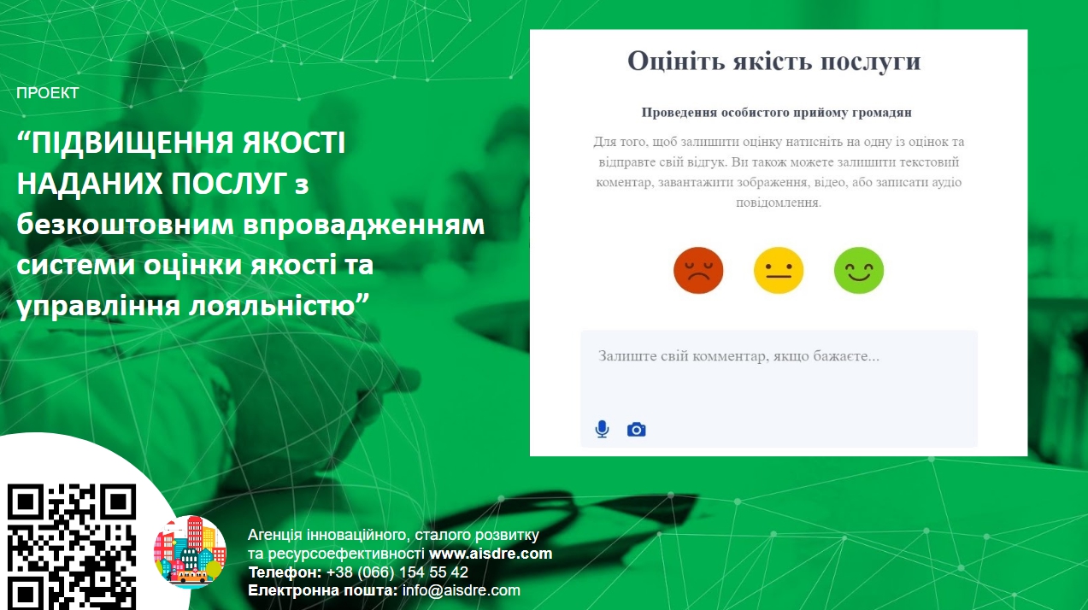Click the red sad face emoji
[x=698, y=271]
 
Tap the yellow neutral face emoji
[x=778, y=271]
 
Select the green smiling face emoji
[x=859, y=271]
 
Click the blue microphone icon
[x=602, y=430]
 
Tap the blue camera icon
[x=636, y=430]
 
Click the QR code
[x=72, y=547]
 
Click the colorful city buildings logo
[x=190, y=552]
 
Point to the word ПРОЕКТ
[x=48, y=93]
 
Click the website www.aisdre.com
[x=491, y=554]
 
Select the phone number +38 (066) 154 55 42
[x=397, y=572]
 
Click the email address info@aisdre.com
[x=461, y=590]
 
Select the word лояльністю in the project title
[x=273, y=307]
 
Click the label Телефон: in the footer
[x=285, y=572]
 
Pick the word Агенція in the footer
[x=275, y=535]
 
